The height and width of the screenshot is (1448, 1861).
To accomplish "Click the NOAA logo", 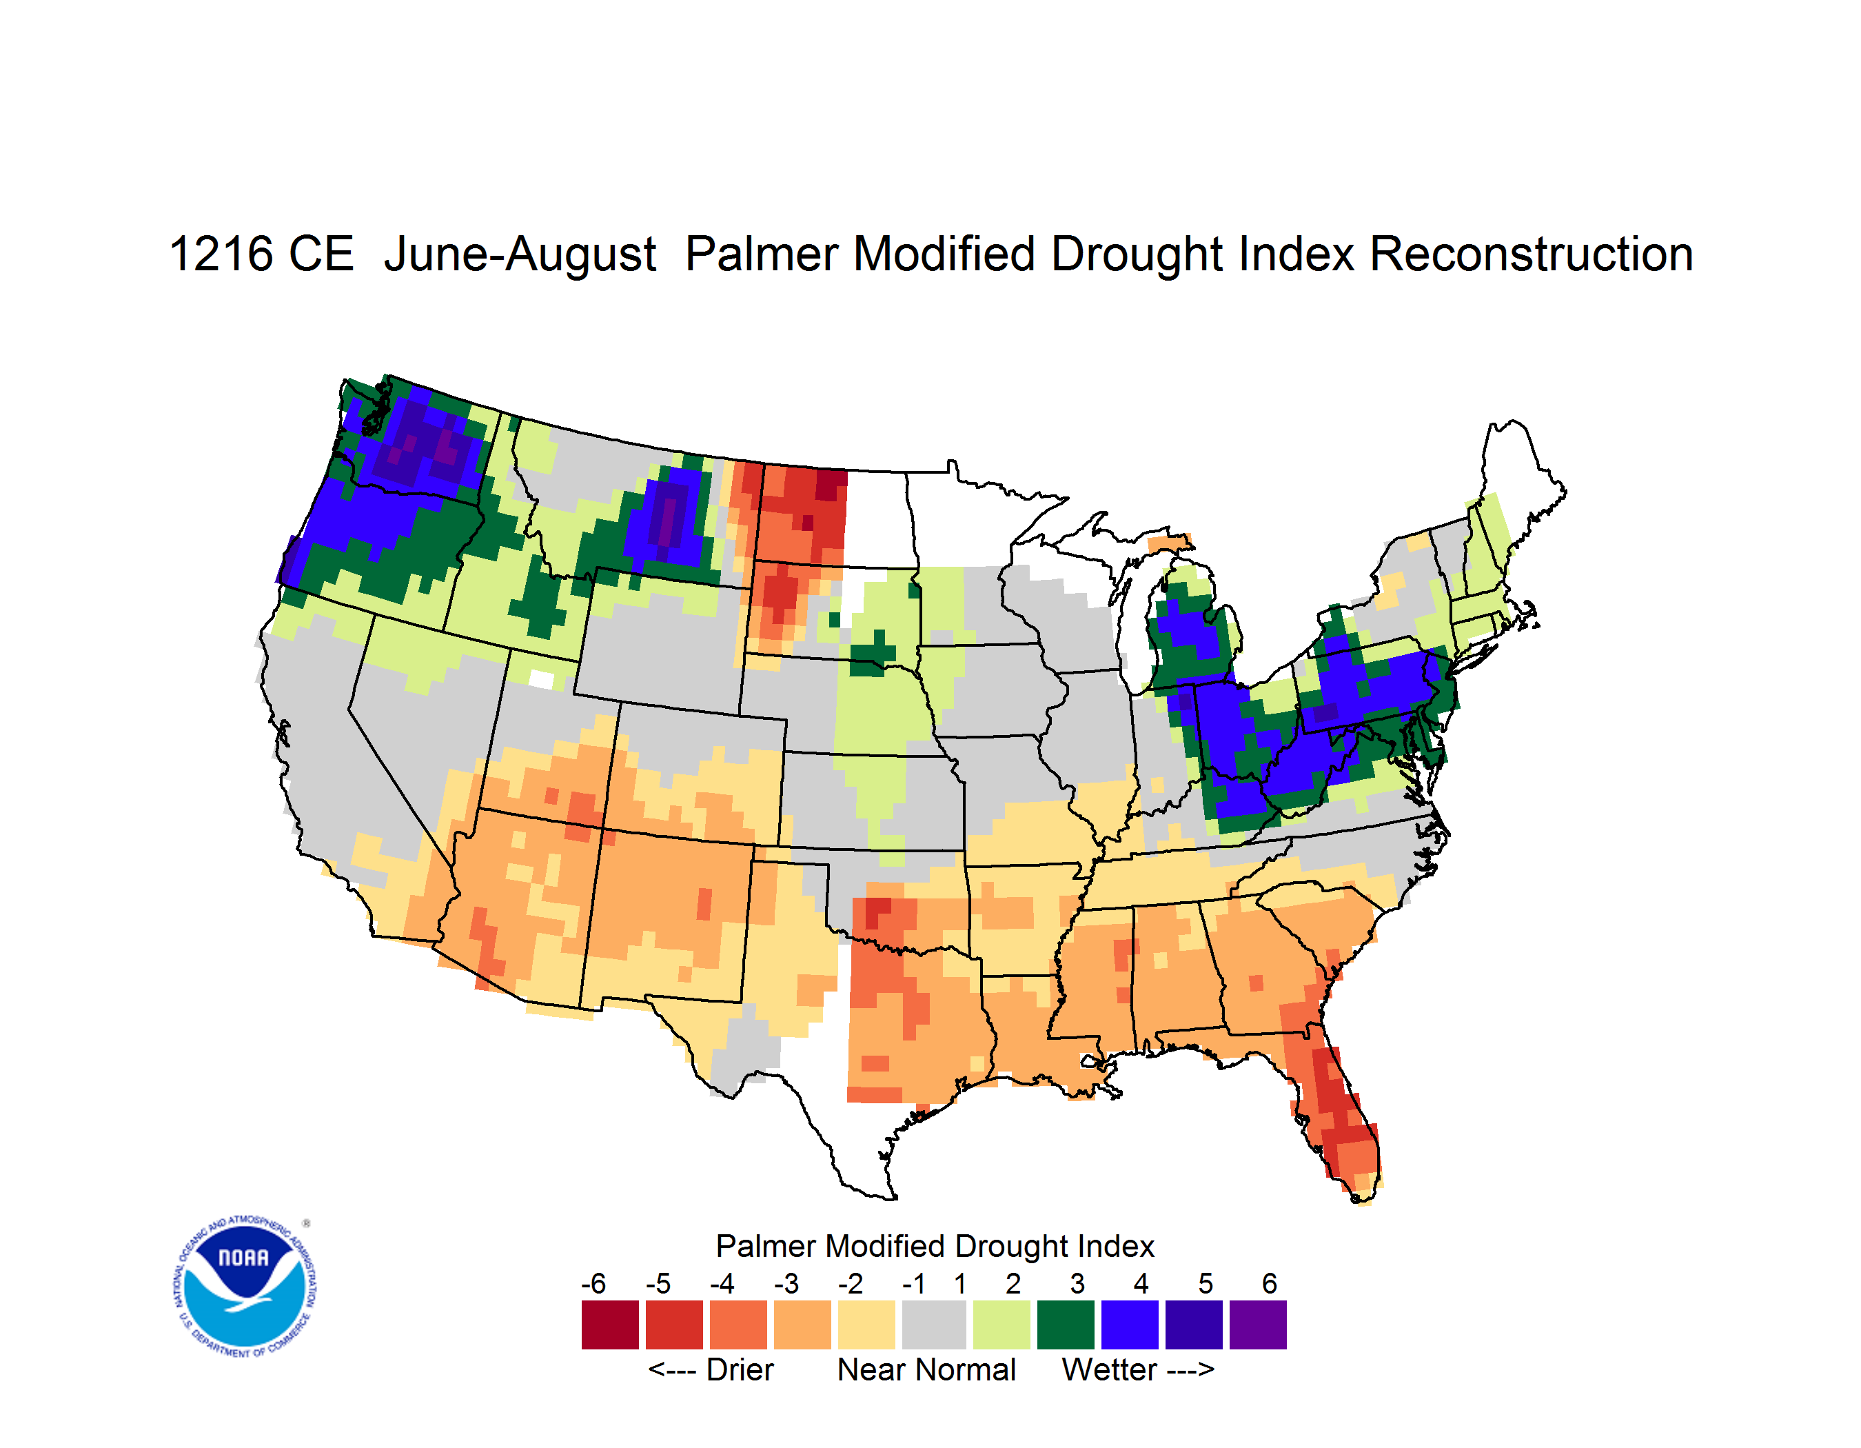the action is (x=245, y=1286).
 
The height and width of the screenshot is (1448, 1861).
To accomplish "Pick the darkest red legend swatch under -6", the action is (x=610, y=1325).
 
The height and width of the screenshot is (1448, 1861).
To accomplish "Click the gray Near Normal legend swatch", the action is (x=934, y=1325).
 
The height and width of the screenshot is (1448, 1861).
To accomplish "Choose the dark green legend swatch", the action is (x=1065, y=1325).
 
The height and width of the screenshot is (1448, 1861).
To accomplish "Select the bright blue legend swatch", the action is (x=1130, y=1325).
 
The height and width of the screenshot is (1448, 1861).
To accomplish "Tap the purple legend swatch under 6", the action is (x=1258, y=1325).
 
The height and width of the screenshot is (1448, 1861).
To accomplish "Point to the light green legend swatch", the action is (x=1001, y=1325).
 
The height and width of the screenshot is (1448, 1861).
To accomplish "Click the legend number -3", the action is (x=786, y=1283).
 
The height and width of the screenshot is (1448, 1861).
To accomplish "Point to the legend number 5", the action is (x=1206, y=1283).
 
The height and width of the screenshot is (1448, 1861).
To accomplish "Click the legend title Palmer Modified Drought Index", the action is (x=935, y=1246).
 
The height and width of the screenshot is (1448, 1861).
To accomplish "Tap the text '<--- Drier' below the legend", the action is (x=711, y=1369).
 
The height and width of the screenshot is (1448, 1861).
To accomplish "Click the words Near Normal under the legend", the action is (x=926, y=1369).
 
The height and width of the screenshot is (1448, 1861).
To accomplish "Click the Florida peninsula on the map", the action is (x=1334, y=1108).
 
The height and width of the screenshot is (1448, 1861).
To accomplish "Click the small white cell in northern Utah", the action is (x=541, y=679).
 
